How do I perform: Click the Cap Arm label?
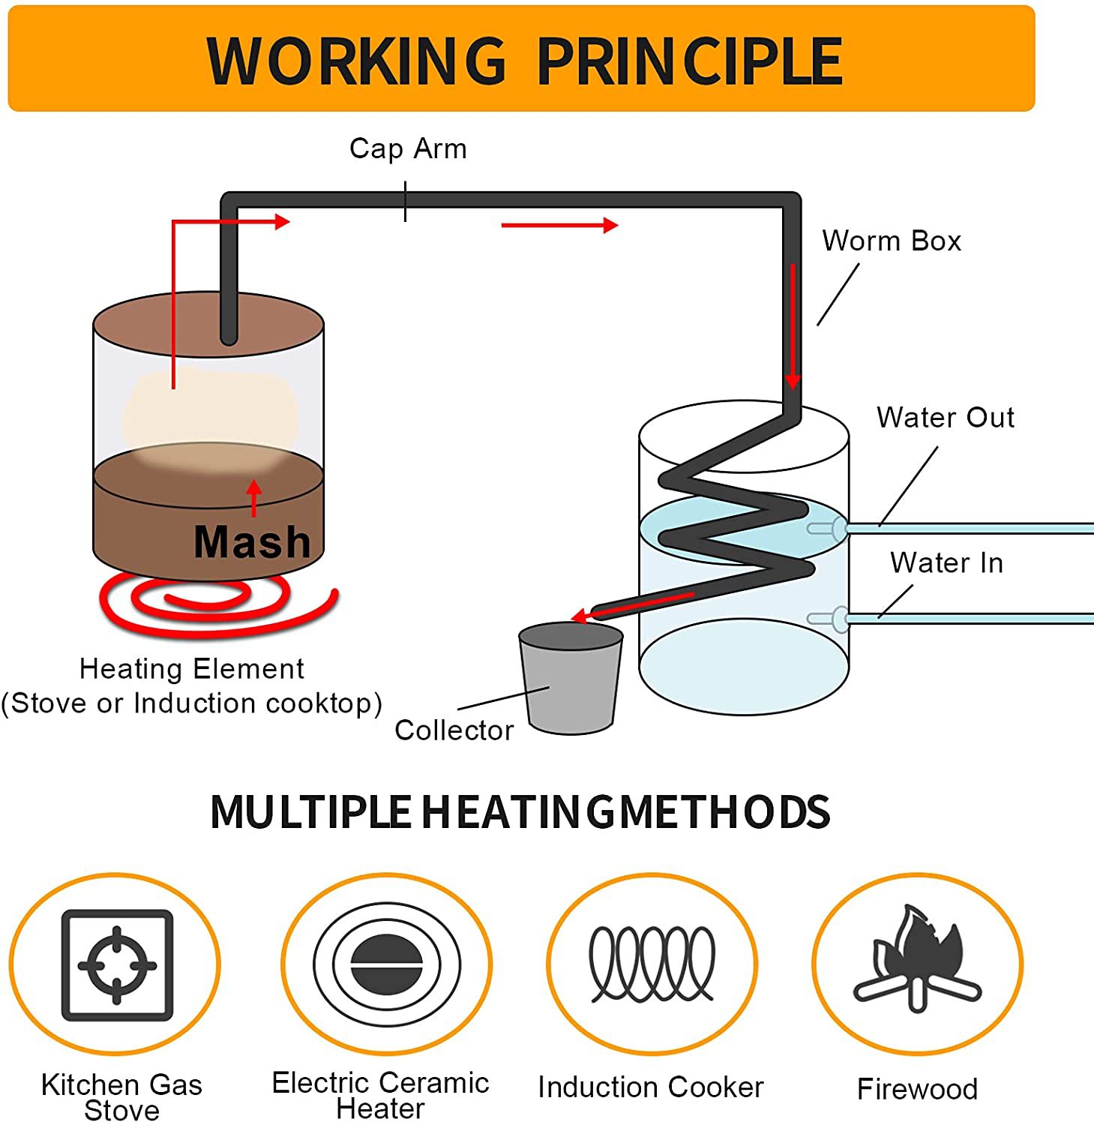[408, 149]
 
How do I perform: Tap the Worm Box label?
[892, 241]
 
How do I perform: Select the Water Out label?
[945, 417]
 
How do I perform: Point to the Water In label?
[946, 562]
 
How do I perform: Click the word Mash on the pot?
[252, 541]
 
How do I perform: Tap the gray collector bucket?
[571, 677]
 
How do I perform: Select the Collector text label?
[454, 730]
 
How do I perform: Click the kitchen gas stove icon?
[117, 964]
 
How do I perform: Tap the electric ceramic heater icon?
[387, 964]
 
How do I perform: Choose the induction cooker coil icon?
[652, 964]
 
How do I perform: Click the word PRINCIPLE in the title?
[690, 61]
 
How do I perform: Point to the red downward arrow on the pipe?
[793, 327]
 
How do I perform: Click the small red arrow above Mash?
[254, 498]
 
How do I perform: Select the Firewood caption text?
[917, 1088]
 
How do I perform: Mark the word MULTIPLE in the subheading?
[310, 811]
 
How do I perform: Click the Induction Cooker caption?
[651, 1087]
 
